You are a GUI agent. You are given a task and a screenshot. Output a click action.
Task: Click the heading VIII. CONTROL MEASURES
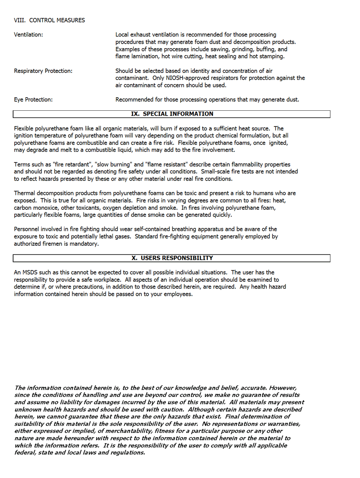pos(49,20)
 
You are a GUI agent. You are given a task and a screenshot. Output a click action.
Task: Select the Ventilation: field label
pos(28,35)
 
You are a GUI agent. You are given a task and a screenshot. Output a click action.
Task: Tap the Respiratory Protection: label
pos(43,71)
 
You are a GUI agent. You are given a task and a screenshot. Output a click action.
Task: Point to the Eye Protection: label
pos(33,100)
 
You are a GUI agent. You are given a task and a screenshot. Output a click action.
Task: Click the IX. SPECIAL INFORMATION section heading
pos(172,114)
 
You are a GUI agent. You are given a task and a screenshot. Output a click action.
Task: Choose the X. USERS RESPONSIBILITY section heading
pos(172,258)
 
